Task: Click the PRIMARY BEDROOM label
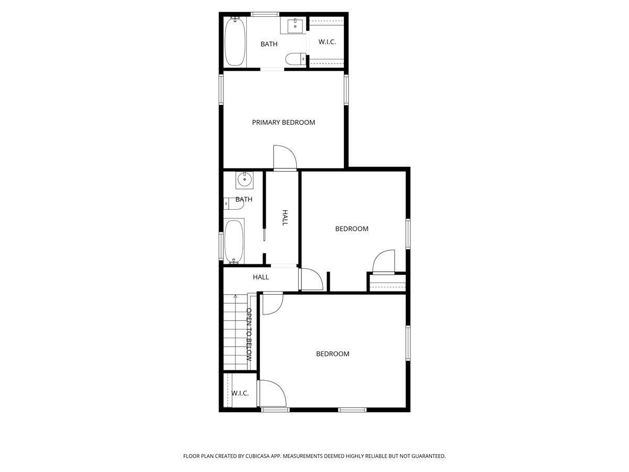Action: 284,122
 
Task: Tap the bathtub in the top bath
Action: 234,42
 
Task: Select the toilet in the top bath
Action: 295,58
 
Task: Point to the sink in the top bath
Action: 296,25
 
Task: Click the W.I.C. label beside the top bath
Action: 327,42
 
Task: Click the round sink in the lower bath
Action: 244,180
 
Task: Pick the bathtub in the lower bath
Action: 234,241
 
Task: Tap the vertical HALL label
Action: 285,218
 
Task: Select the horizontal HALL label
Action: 261,277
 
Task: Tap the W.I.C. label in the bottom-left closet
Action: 240,393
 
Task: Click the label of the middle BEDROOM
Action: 352,229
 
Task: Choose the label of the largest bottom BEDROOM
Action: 332,354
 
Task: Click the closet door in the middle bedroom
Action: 383,261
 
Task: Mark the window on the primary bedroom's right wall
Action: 346,90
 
